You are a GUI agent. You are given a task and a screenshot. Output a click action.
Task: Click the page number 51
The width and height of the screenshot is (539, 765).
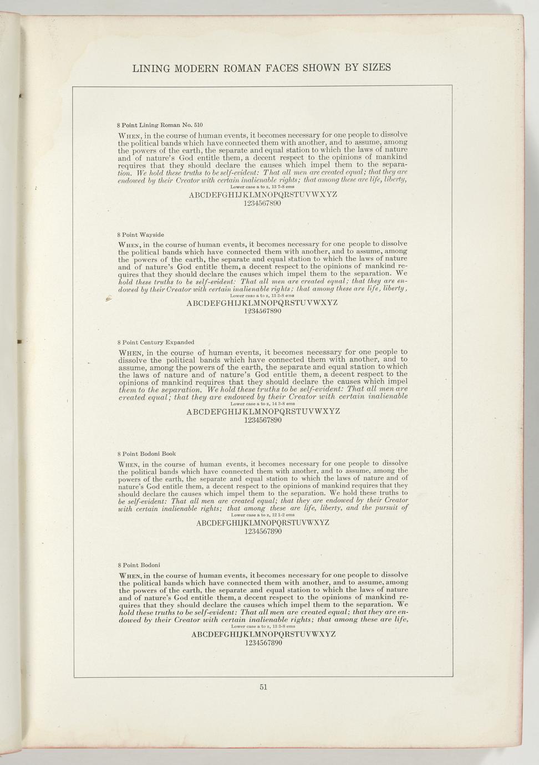[x=263, y=687]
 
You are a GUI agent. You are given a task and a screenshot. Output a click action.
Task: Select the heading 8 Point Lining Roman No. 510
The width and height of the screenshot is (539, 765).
[x=155, y=125]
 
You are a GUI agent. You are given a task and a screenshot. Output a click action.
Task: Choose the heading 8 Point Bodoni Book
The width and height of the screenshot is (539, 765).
[x=146, y=453]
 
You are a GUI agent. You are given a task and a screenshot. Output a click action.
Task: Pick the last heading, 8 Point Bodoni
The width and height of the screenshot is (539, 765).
[x=139, y=565]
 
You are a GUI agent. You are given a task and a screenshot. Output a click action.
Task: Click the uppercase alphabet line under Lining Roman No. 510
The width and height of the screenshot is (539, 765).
[x=263, y=195]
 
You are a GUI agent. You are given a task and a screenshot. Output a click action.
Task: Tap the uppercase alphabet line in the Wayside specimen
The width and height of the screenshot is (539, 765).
[x=262, y=303]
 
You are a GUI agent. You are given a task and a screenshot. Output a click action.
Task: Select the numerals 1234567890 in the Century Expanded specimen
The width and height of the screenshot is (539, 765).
[x=263, y=420]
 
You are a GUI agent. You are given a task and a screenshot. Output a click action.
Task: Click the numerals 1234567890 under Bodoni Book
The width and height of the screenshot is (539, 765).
[x=263, y=532]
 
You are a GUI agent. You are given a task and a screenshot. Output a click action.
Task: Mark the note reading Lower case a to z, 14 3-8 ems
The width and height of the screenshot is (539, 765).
[x=263, y=404]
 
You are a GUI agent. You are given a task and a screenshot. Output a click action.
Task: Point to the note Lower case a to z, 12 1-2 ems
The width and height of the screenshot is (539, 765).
[x=263, y=515]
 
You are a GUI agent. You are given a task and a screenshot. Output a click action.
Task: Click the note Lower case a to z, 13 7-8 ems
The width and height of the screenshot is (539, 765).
[x=263, y=187]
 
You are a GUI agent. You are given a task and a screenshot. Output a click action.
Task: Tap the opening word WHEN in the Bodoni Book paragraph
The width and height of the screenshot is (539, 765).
[x=129, y=464]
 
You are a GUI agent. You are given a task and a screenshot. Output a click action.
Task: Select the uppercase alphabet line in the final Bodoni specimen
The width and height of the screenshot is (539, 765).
[x=263, y=635]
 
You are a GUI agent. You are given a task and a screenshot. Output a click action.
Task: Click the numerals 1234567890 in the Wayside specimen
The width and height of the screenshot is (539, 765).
[x=263, y=312]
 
